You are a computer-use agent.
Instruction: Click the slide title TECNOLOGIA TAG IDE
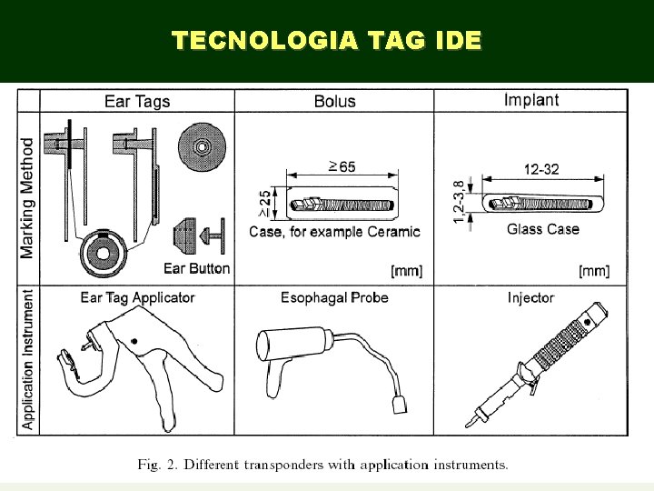[x=327, y=41]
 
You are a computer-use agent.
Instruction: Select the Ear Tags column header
[x=137, y=101]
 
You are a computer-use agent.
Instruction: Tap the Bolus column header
[x=334, y=101]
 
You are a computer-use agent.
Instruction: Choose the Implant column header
[x=531, y=100]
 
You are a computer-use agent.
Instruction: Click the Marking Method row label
[x=28, y=197]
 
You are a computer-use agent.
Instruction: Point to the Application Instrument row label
[x=28, y=359]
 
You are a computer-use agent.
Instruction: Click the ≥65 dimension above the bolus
[x=342, y=166]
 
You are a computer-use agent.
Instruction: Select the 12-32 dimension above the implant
[x=541, y=169]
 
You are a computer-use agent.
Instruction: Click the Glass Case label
[x=542, y=229]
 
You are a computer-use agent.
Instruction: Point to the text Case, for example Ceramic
[x=334, y=232]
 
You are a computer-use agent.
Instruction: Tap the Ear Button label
[x=196, y=268]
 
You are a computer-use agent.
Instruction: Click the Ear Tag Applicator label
[x=137, y=297]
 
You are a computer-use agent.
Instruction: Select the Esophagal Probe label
[x=334, y=297]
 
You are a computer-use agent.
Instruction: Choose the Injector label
[x=530, y=297]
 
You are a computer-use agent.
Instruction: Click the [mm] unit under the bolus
[x=405, y=271]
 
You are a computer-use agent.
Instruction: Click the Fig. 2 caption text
[x=322, y=465]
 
